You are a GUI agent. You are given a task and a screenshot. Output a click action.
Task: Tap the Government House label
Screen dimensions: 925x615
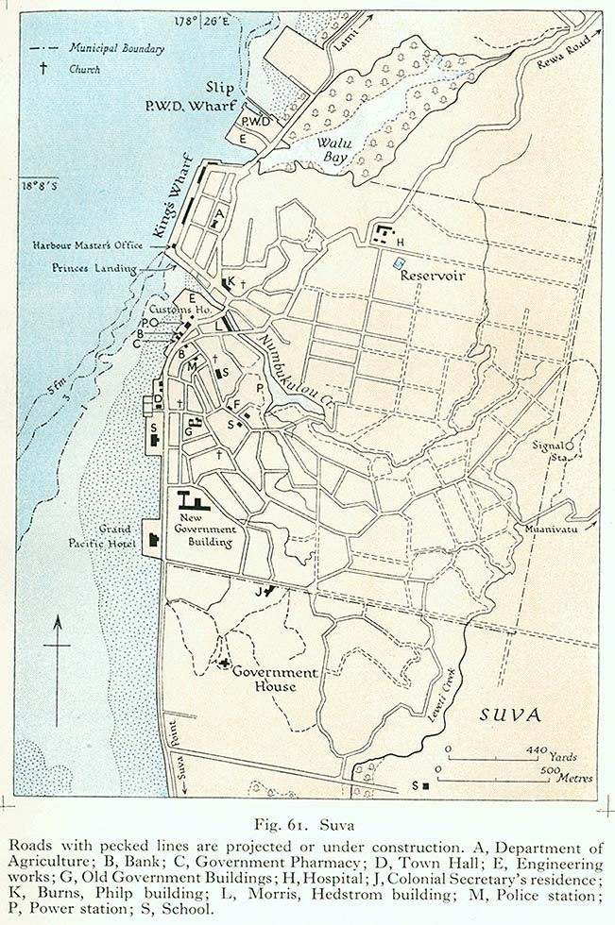click(265, 679)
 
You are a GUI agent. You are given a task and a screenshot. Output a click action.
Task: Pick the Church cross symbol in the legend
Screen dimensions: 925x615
click(43, 69)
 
